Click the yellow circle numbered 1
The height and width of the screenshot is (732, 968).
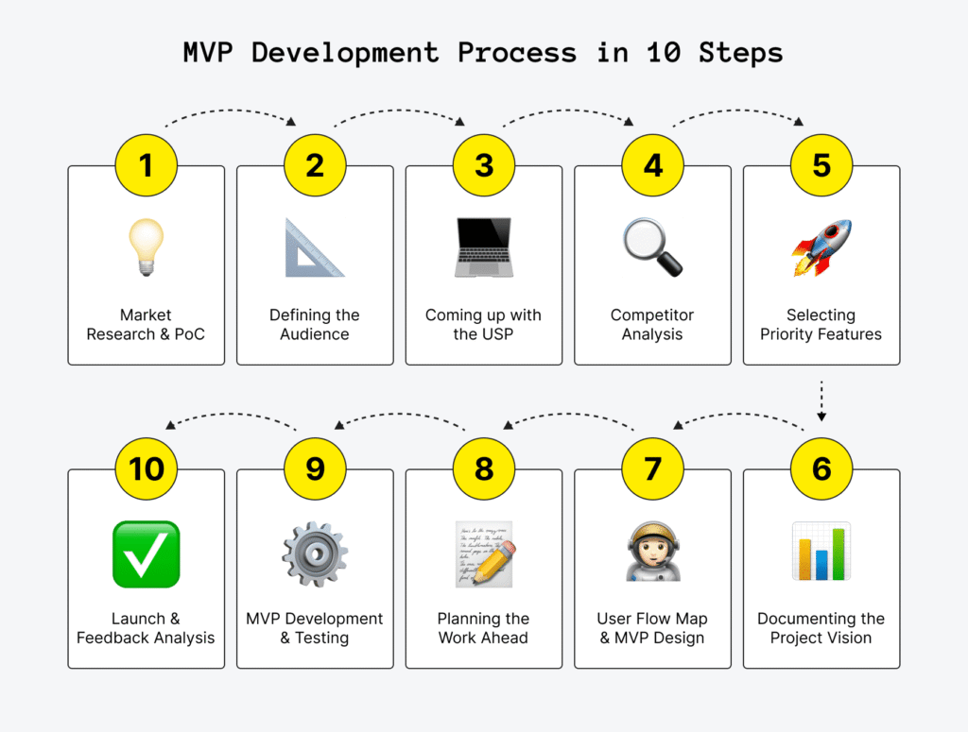pos(146,165)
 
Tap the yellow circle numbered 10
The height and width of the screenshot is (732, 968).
pos(146,468)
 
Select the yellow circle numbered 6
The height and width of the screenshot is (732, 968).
pos(821,468)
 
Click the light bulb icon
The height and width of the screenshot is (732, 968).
pos(146,247)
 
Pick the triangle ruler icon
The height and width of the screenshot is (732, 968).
pos(315,247)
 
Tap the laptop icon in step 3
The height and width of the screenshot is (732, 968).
pos(483,247)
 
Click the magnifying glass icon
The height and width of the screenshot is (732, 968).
pos(652,247)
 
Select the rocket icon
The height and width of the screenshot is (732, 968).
pos(821,247)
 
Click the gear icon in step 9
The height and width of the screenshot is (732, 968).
pos(315,553)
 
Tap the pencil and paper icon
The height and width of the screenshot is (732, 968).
pos(484,553)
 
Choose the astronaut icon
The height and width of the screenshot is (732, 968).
pos(652,553)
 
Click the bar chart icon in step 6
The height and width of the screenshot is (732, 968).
pos(821,552)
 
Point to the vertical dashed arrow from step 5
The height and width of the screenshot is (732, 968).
pos(821,401)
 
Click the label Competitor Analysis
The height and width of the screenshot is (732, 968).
pos(652,324)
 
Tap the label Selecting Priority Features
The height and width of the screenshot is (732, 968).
pos(821,324)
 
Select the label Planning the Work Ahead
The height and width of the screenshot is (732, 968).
pos(483,628)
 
